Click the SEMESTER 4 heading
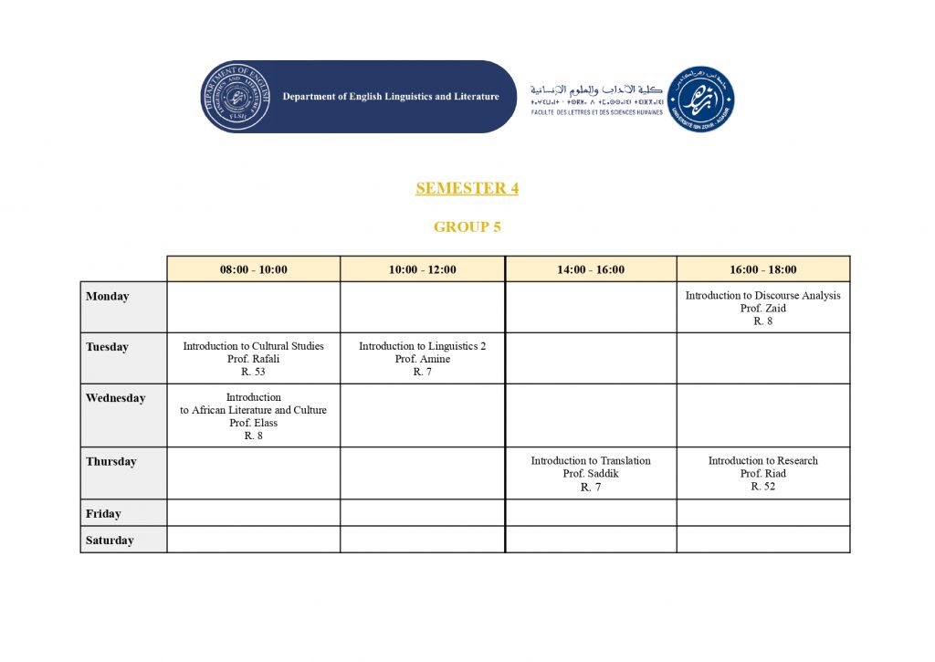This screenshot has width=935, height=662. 467,188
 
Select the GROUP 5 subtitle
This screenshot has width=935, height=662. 467,227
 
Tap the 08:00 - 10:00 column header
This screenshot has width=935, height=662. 253,269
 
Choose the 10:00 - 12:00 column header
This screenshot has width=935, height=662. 422,269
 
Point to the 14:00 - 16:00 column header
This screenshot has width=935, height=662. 591,269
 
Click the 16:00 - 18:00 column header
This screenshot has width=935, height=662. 762,269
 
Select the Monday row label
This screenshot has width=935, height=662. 108,297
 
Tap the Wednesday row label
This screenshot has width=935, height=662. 115,398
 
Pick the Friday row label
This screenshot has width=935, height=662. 103,514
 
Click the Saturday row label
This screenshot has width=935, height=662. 110,541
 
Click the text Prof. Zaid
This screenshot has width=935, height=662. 762,309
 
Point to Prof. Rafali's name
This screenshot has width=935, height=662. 253,359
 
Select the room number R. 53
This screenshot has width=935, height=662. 253,372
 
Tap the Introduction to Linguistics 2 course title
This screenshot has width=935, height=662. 422,346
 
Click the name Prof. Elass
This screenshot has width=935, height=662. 253,423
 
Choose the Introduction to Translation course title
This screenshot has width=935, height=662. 591,461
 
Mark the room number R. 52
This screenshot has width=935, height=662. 762,487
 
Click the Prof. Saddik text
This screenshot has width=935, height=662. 591,474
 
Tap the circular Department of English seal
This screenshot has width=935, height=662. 236,97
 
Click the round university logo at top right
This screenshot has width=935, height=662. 700,99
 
